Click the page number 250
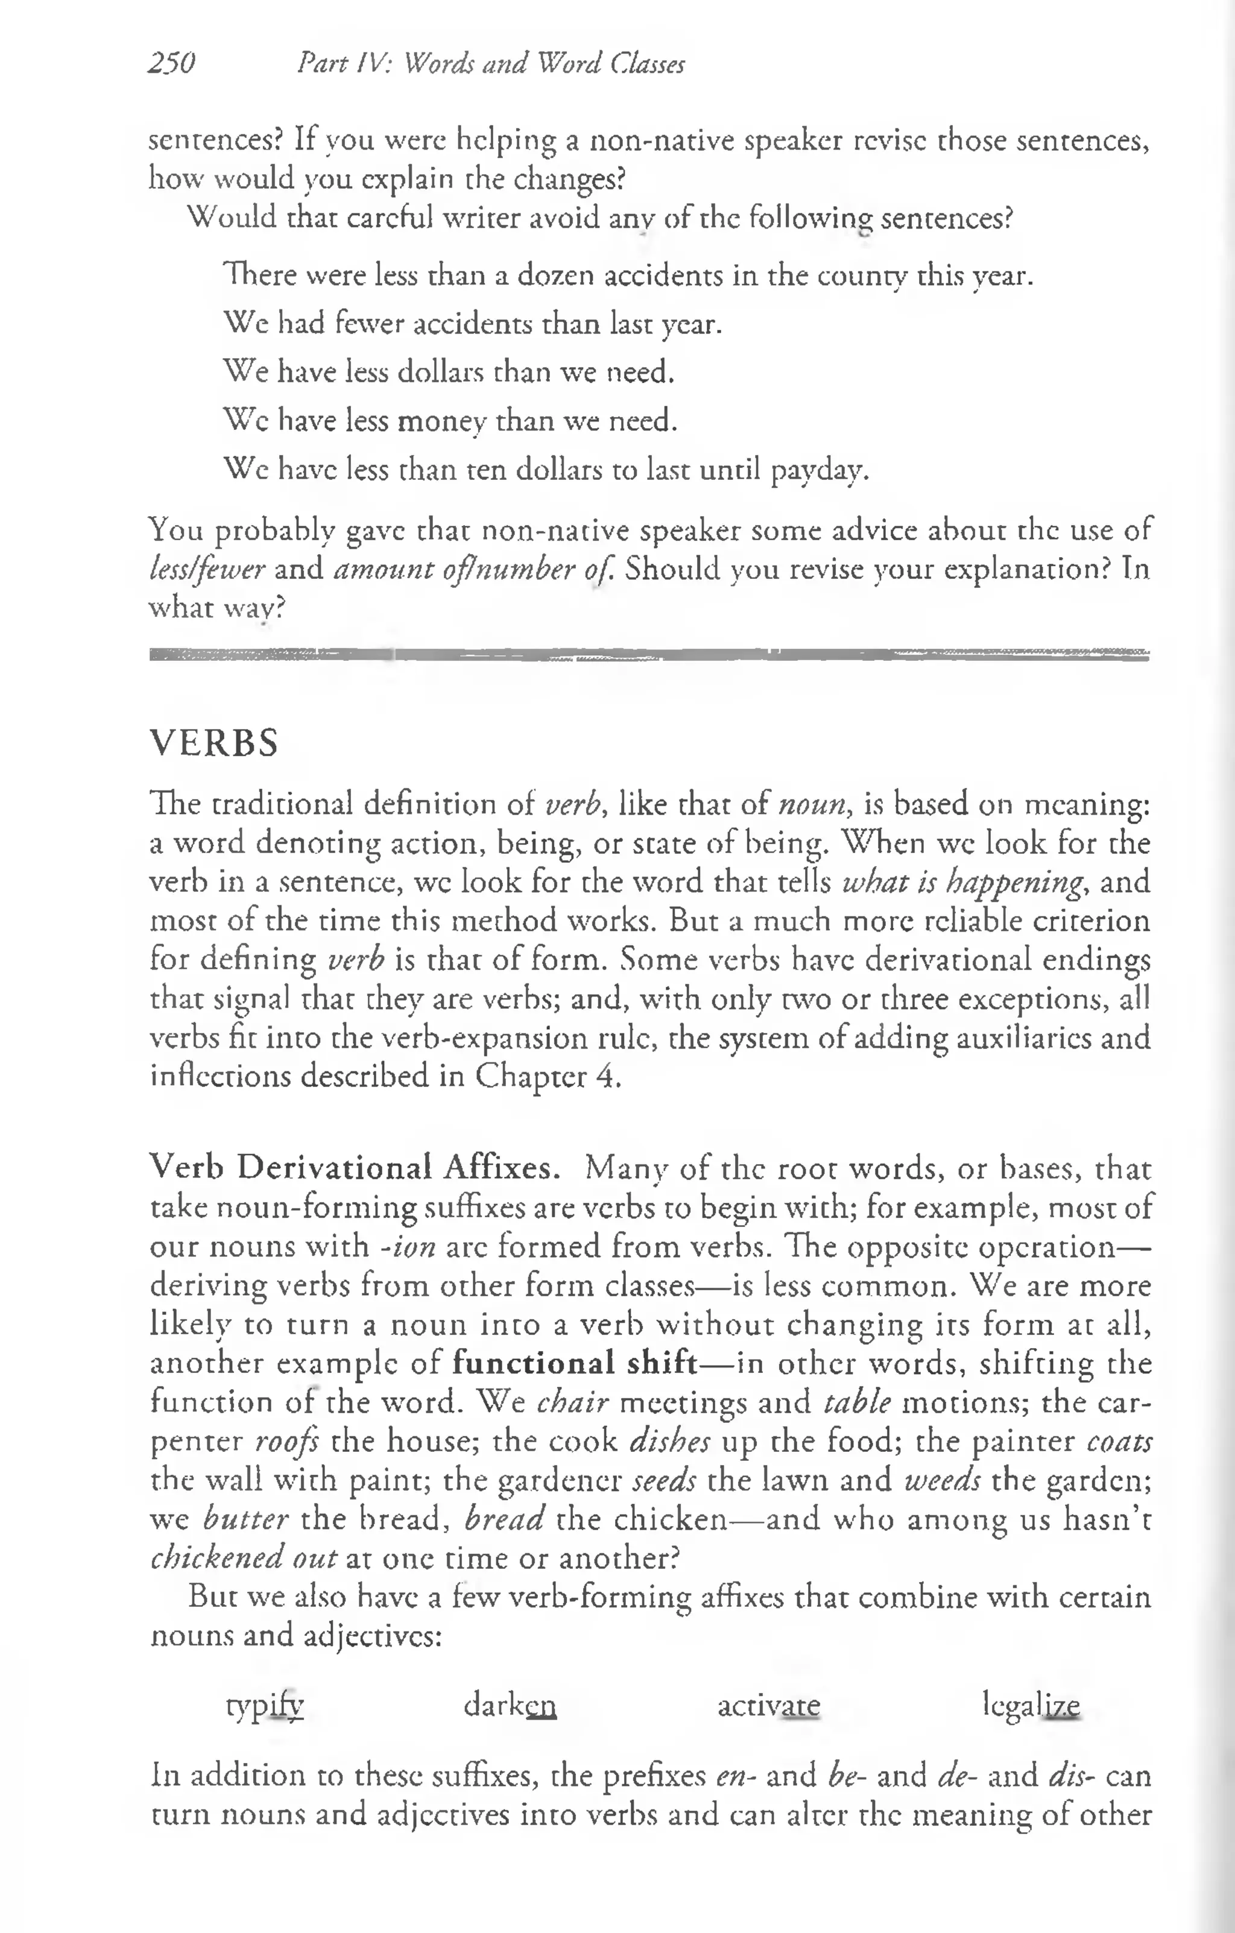172,63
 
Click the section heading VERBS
215,743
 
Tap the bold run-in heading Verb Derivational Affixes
354,1167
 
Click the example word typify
265,1705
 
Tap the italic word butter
245,1519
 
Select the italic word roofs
286,1441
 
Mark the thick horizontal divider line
649,655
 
